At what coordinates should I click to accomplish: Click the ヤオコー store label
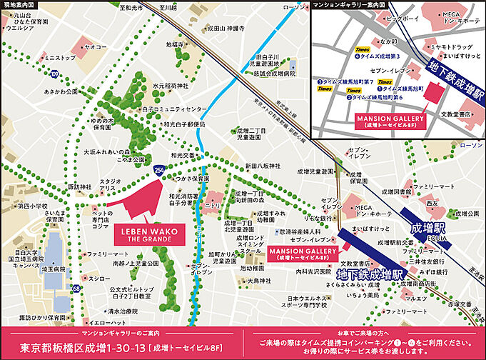click(x=95, y=46)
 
